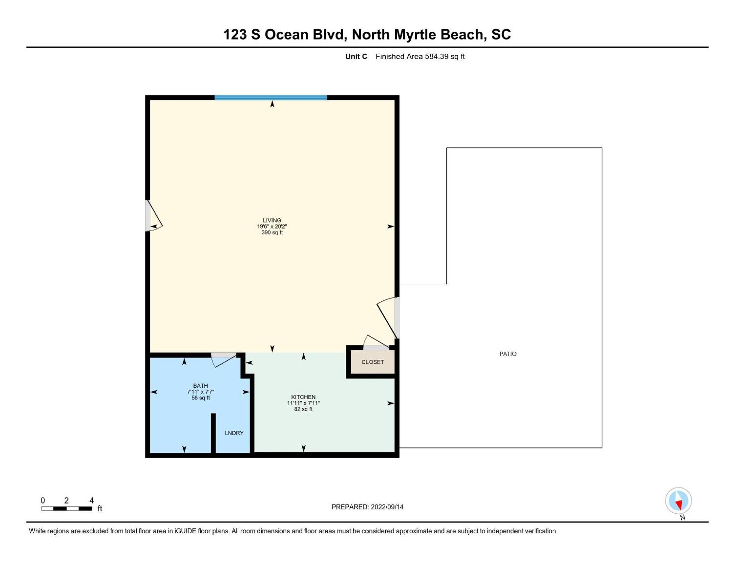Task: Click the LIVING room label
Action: click(272, 220)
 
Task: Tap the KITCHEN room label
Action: click(303, 397)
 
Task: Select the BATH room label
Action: click(200, 386)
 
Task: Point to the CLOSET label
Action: click(373, 362)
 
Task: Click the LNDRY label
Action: click(234, 433)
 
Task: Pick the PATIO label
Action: click(508, 354)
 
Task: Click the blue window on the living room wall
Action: click(271, 98)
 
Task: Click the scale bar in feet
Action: click(66, 509)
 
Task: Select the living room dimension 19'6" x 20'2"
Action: click(272, 227)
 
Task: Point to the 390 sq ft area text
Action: click(272, 233)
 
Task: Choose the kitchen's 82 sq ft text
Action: click(303, 409)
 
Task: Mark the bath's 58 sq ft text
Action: click(200, 398)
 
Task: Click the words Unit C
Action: click(356, 56)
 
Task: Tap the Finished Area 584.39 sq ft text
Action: click(420, 56)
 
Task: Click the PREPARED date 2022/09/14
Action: click(387, 507)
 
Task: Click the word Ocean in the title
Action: click(286, 35)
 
